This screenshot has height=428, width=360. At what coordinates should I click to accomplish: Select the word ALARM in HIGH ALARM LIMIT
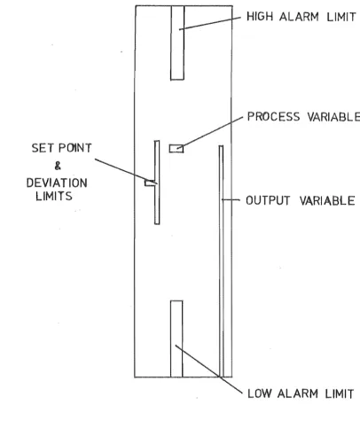299,17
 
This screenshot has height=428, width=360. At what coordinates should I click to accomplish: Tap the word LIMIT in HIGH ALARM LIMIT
341,17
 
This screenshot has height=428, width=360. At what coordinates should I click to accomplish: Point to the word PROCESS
273,117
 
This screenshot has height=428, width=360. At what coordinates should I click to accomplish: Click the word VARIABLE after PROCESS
333,117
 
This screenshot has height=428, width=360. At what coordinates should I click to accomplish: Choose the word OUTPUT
268,200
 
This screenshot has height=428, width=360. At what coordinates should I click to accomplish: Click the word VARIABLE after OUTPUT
327,201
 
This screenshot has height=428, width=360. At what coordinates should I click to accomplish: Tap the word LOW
259,393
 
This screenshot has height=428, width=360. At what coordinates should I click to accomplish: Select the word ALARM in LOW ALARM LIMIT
298,393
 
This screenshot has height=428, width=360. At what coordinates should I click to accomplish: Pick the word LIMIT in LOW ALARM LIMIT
340,393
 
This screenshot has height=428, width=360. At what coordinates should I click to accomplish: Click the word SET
43,148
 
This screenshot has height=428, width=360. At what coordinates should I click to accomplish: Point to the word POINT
74,148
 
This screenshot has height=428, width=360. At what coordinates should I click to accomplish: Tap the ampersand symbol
58,166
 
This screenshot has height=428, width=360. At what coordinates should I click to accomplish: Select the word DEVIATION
57,183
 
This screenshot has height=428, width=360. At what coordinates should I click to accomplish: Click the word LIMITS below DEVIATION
54,196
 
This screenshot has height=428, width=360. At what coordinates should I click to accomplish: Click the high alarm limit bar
177,43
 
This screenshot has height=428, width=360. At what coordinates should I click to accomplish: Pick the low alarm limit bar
176,339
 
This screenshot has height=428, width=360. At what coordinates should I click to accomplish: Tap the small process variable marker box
176,149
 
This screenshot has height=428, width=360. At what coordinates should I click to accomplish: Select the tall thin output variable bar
221,261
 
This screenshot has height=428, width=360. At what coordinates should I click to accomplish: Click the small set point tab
150,183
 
